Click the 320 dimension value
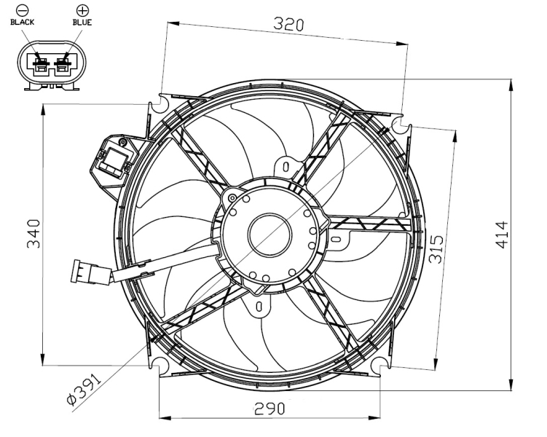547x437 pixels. [x=288, y=24]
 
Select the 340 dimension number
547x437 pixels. [x=34, y=234]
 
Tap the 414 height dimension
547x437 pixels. [x=503, y=235]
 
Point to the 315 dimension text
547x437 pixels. [x=436, y=248]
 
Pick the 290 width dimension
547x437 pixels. [x=269, y=409]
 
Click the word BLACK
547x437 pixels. [x=23, y=23]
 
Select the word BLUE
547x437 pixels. [x=82, y=23]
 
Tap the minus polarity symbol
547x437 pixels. [x=23, y=11]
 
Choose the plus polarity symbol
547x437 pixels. [x=83, y=11]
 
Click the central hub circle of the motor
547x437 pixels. [x=269, y=235]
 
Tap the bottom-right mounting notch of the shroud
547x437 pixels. [x=380, y=366]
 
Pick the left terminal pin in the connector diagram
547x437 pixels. [x=42, y=64]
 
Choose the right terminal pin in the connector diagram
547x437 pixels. [x=63, y=64]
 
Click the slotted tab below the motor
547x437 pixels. [x=259, y=306]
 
